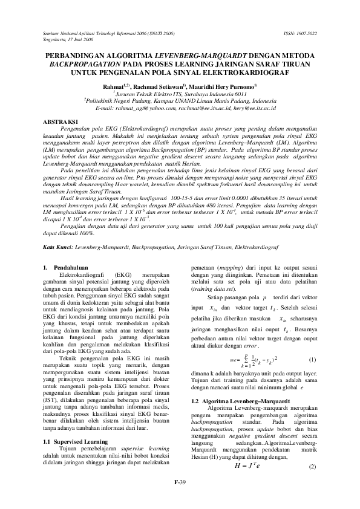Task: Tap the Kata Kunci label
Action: [x=58, y=248]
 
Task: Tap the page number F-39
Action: [x=180, y=481]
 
